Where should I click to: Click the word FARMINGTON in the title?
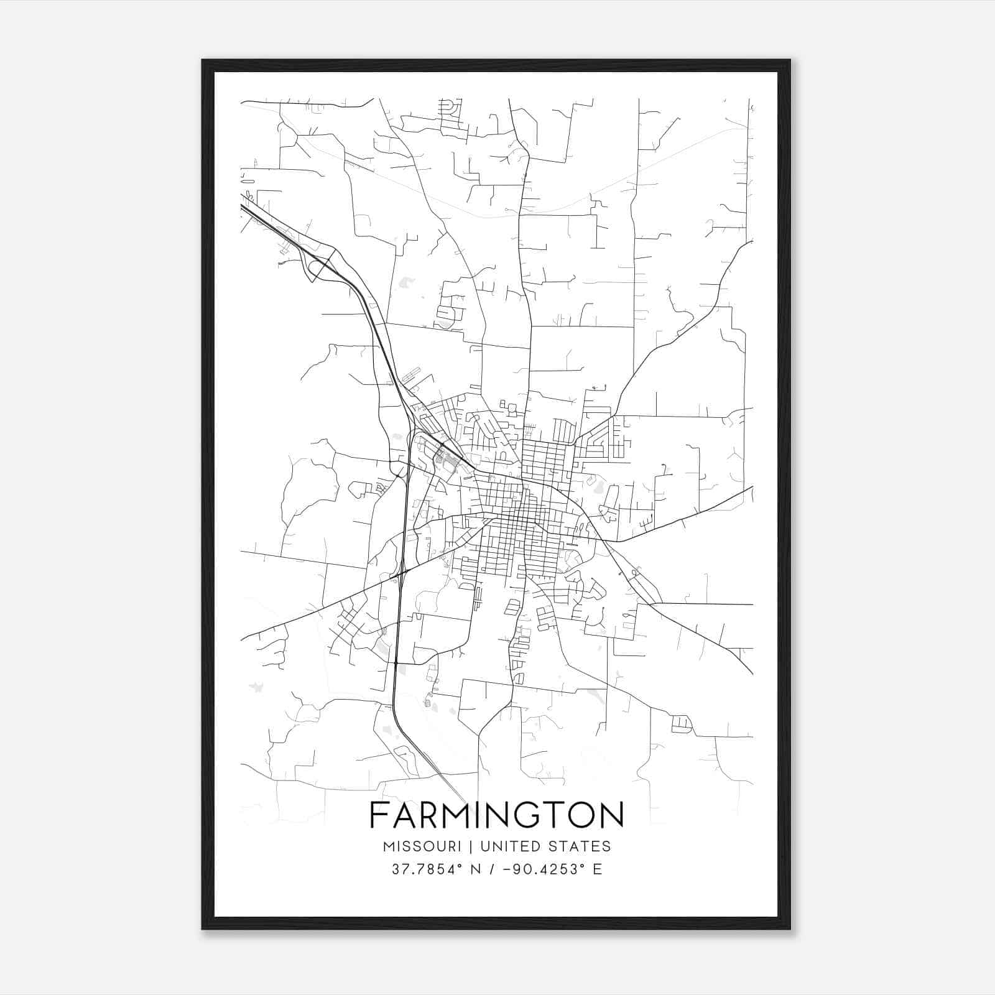[x=497, y=815]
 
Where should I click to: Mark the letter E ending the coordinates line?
[x=598, y=869]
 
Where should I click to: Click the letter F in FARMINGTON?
[x=377, y=815]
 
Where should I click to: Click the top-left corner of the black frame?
[x=203, y=61]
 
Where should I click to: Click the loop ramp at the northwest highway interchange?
[x=315, y=269]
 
